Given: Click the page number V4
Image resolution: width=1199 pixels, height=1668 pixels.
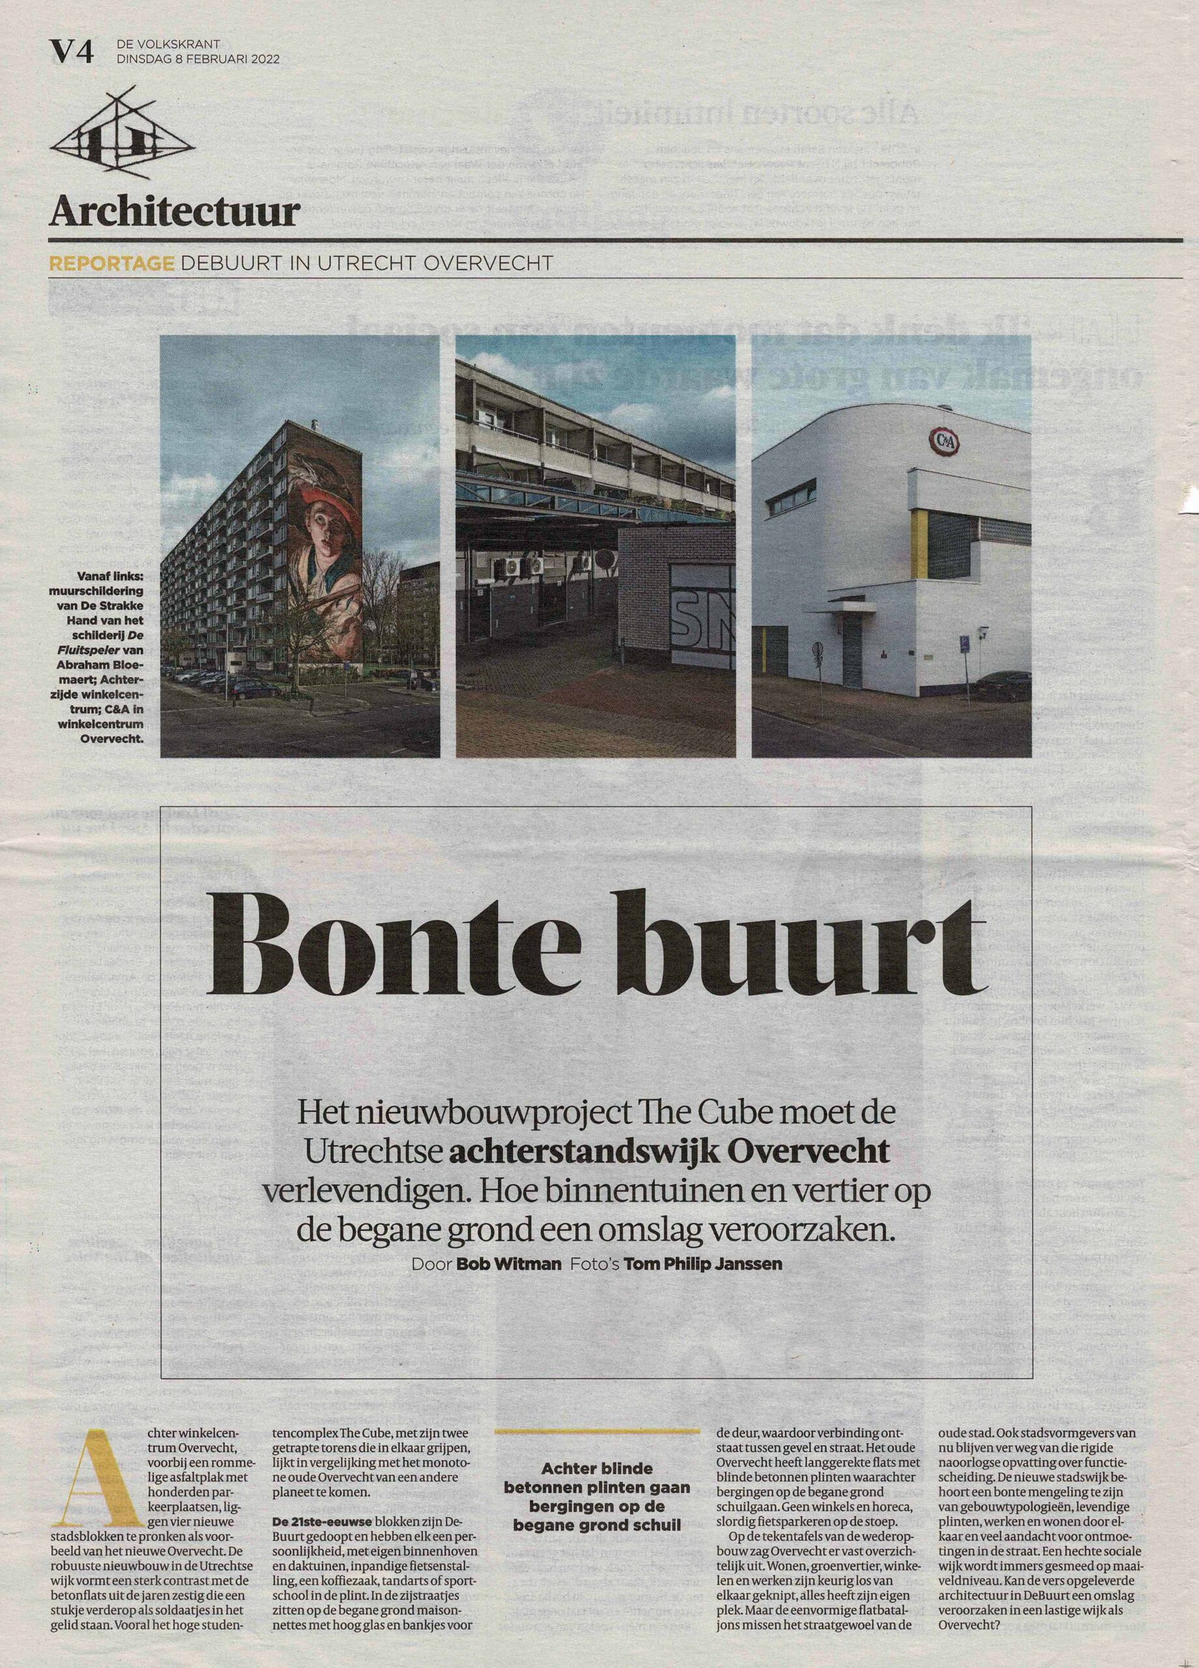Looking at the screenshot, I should tap(71, 53).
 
